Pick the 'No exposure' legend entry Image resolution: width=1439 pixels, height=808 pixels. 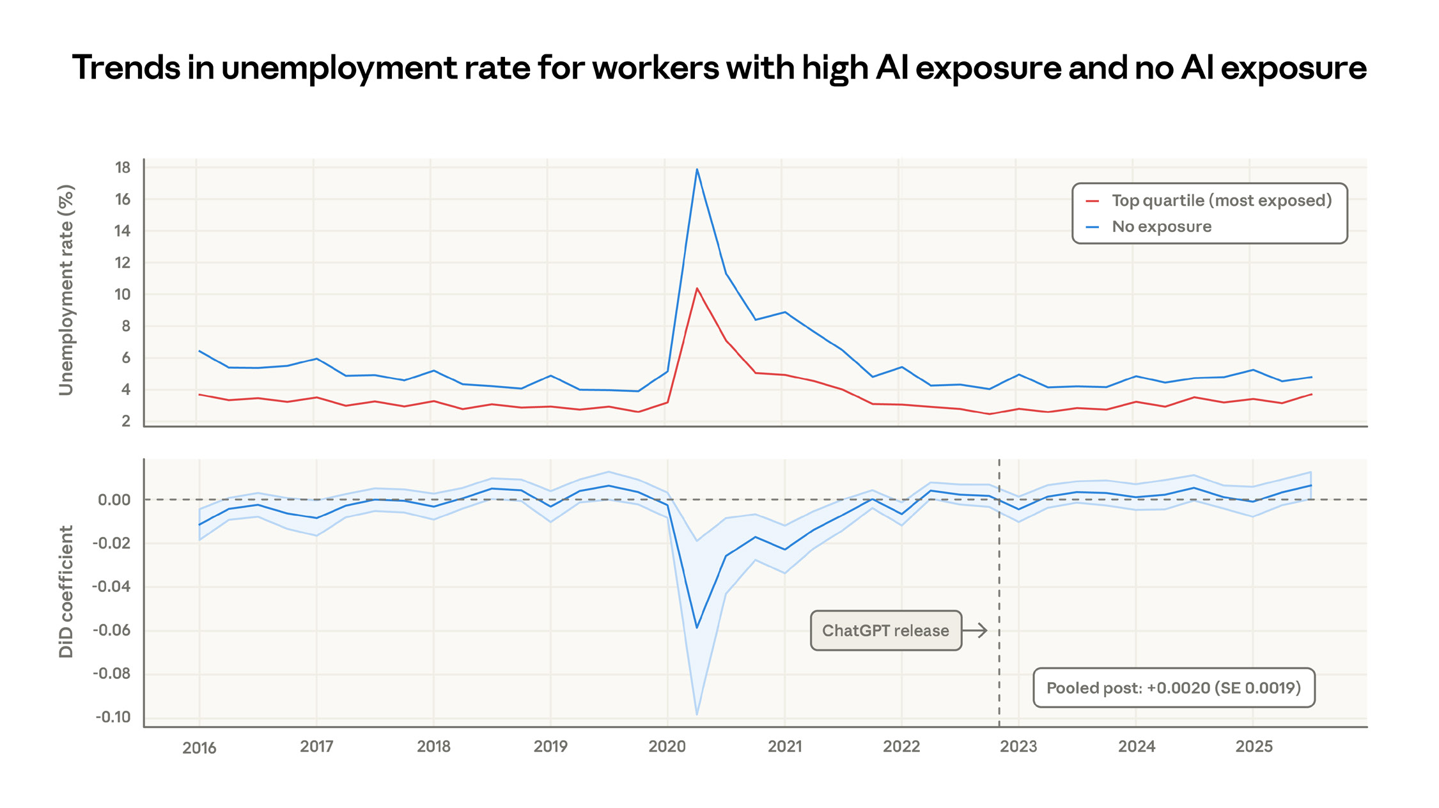(1161, 227)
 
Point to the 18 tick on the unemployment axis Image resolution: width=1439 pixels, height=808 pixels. (122, 167)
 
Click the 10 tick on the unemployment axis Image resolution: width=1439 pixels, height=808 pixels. (122, 295)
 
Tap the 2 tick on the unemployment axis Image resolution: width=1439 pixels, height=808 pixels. (126, 421)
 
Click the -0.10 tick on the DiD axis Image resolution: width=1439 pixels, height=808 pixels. (113, 717)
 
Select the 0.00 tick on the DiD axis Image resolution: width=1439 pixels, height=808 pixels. (114, 500)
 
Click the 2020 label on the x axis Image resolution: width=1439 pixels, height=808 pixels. (667, 747)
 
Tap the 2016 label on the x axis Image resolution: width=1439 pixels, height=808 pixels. (199, 748)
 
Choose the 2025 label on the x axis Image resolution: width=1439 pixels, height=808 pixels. (1254, 747)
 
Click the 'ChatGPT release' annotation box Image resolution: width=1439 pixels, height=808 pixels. (885, 631)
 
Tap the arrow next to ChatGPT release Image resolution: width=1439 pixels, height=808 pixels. (976, 631)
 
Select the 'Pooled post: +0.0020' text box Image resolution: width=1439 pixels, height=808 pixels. (1173, 688)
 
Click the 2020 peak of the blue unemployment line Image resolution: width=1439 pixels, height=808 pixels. (697, 169)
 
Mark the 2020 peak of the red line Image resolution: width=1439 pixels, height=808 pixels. (697, 288)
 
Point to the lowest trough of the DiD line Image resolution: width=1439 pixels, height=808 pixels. (697, 628)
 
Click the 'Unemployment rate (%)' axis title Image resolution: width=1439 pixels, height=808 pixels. (66, 290)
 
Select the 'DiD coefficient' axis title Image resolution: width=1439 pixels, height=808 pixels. (66, 592)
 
